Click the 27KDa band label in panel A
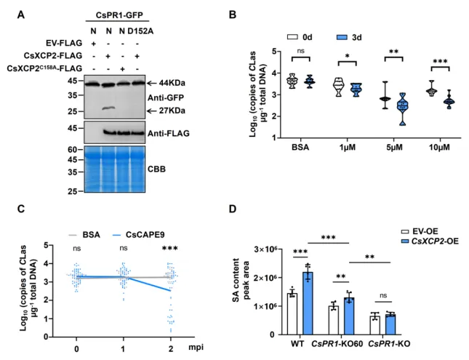[x=172, y=111]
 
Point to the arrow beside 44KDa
[x=151, y=83]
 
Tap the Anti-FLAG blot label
[x=169, y=133]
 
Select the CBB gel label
[x=156, y=169]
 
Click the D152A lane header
[x=140, y=31]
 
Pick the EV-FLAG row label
[x=64, y=43]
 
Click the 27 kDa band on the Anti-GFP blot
[x=109, y=108]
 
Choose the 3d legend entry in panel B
[x=349, y=37]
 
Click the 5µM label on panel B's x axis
[x=394, y=147]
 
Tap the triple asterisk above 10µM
[x=440, y=62]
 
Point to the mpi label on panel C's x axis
[x=196, y=347]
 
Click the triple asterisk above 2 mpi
[x=169, y=248]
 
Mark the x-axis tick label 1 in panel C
[x=124, y=349]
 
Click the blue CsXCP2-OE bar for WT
[x=308, y=303]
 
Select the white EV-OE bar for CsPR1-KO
[x=374, y=325]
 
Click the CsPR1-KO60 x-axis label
[x=337, y=344]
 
